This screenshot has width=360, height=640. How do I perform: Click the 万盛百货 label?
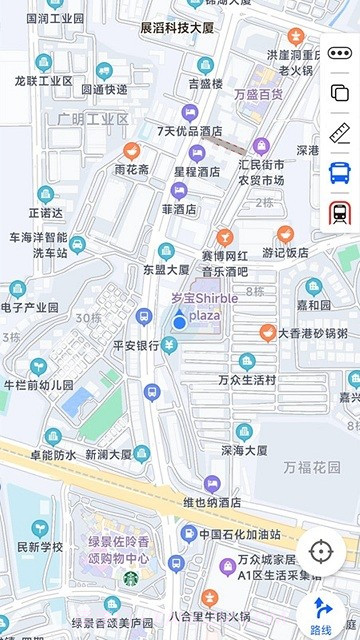pyautogui.click(x=258, y=95)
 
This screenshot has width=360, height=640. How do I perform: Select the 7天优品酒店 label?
pyautogui.click(x=189, y=131)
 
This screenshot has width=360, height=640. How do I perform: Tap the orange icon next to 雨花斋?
pyautogui.click(x=131, y=151)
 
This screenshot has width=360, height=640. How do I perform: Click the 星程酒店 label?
pyautogui.click(x=196, y=171)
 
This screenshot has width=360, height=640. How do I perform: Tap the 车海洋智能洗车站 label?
pyautogui.click(x=38, y=245)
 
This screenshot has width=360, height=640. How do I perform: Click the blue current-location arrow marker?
pyautogui.click(x=178, y=320)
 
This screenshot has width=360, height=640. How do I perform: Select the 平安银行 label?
pyautogui.click(x=136, y=345)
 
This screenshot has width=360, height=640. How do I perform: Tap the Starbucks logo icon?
pyautogui.click(x=131, y=577)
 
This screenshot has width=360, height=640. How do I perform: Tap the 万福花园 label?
pyautogui.click(x=311, y=467)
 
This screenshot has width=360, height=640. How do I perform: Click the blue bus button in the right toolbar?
pyautogui.click(x=339, y=172)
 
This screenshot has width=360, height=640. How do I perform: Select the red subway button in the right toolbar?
pyautogui.click(x=339, y=212)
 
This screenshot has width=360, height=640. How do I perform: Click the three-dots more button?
pyautogui.click(x=339, y=53)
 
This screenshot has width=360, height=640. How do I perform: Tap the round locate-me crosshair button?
pyautogui.click(x=320, y=551)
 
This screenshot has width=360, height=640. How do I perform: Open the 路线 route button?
pyautogui.click(x=321, y=613)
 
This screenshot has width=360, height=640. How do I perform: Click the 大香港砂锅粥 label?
pyautogui.click(x=312, y=333)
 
